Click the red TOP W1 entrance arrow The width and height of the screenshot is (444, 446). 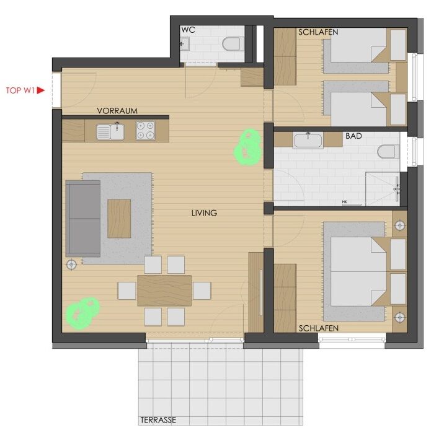[41, 90]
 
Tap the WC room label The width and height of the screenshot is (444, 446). [189, 30]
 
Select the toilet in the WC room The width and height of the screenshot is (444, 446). [233, 44]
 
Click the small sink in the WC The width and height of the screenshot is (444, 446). [185, 43]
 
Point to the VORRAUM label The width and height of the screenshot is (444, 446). [117, 111]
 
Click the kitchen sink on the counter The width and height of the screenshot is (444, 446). [110, 132]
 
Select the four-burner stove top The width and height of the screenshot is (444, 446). [145, 130]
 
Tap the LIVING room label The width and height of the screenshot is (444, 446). [204, 212]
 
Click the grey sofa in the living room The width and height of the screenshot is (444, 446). [83, 219]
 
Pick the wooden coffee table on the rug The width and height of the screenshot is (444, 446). [119, 219]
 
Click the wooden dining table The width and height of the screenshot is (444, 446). [164, 291]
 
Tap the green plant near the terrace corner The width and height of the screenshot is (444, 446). [82, 313]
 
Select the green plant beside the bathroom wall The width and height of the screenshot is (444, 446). [247, 147]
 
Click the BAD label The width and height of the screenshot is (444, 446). [353, 136]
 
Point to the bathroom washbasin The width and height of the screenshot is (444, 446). [308, 140]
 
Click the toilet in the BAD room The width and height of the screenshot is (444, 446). [388, 152]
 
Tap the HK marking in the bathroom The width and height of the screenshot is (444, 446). [345, 202]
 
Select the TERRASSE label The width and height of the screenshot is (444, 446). [158, 420]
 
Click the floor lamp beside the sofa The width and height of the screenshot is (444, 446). [71, 265]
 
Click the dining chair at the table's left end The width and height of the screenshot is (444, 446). [127, 291]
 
